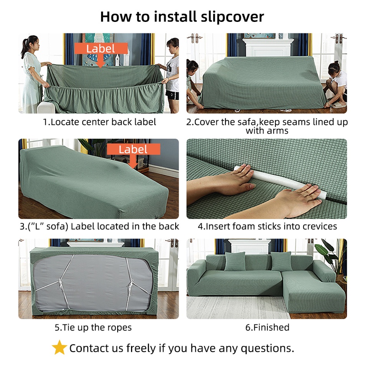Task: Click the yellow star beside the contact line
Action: tap(59, 348)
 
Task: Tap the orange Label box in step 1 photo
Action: tap(101, 48)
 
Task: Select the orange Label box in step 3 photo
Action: tap(133, 149)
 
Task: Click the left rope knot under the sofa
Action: tap(61, 283)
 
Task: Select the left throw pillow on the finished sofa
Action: tap(235, 261)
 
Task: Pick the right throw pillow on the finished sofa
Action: tap(281, 261)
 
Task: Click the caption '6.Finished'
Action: tap(267, 327)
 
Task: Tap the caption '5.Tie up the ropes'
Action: tap(93, 327)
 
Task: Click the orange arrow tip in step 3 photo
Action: tap(133, 168)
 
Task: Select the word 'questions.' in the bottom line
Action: tap(267, 348)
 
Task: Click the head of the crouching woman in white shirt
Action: tap(335, 67)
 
